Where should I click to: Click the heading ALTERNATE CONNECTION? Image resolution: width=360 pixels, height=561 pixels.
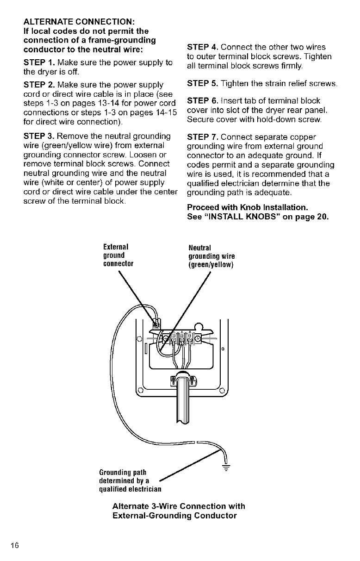(79, 22)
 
